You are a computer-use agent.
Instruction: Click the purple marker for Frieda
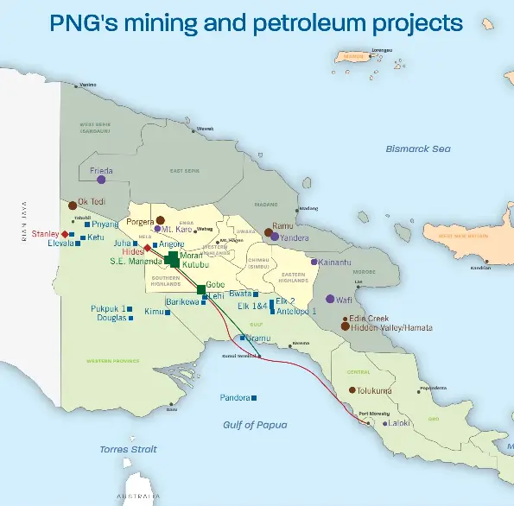click(101, 180)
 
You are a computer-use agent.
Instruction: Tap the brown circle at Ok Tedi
click(72, 206)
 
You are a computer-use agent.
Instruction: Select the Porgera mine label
click(139, 221)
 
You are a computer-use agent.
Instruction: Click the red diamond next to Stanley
click(65, 233)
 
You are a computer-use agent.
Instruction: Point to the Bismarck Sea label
click(418, 149)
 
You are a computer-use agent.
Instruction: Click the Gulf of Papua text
click(254, 424)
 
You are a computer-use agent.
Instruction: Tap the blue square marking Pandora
click(254, 398)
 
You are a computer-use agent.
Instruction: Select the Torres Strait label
click(128, 449)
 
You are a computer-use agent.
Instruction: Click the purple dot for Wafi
click(330, 299)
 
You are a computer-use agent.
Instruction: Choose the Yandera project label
click(295, 237)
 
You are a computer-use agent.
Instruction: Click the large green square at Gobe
click(201, 288)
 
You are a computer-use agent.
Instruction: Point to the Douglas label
click(111, 319)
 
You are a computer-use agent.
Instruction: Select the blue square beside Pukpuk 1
click(132, 308)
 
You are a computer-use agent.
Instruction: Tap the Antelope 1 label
click(296, 311)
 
